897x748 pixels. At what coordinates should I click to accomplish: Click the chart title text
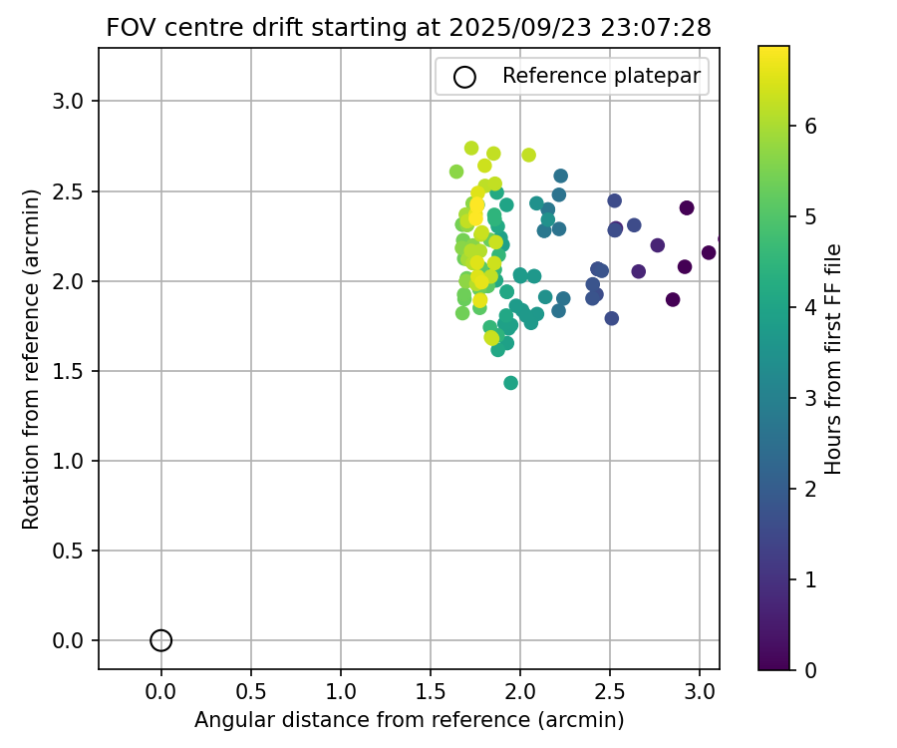[x=409, y=28]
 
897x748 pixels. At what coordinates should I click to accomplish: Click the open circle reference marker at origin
[x=161, y=640]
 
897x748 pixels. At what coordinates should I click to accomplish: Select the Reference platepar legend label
[x=601, y=76]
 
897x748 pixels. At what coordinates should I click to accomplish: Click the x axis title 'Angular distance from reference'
[x=409, y=720]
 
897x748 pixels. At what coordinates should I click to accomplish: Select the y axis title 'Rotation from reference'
[x=32, y=359]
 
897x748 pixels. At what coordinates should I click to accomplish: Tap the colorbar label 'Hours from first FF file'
[x=834, y=359]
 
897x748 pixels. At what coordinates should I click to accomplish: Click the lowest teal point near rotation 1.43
[x=511, y=383]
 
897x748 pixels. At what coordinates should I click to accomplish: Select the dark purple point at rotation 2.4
[x=687, y=207]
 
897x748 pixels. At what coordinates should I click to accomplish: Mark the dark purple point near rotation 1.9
[x=673, y=299]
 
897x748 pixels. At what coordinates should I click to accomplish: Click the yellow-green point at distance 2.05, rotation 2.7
[x=529, y=155]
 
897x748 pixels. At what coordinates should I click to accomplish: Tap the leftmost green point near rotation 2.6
[x=456, y=172]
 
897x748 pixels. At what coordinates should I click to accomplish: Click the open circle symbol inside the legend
[x=464, y=77]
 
